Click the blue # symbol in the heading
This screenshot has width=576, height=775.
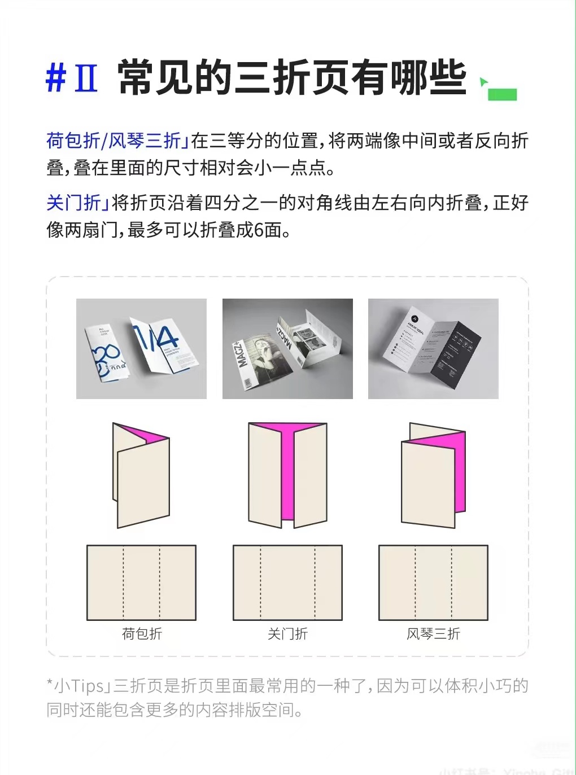(x=56, y=78)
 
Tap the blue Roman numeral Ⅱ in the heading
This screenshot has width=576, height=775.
(x=86, y=78)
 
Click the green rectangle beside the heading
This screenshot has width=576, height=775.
(x=502, y=94)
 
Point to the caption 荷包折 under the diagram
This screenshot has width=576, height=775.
(x=142, y=634)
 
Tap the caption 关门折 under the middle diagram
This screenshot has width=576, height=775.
(x=287, y=634)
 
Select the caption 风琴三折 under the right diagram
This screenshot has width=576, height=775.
(x=433, y=634)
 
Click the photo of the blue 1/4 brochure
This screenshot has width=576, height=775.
(x=141, y=349)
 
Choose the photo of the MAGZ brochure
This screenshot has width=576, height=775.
(x=287, y=349)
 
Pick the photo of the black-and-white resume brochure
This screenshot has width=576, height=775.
(x=433, y=349)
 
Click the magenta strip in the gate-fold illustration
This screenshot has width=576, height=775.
(x=287, y=474)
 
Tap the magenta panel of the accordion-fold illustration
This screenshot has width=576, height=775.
(x=460, y=474)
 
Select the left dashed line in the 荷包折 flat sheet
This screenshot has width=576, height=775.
(x=123, y=583)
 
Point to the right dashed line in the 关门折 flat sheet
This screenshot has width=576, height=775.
(x=315, y=583)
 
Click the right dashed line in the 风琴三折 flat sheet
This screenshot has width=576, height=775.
(x=452, y=583)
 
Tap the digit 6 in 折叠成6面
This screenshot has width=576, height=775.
(x=259, y=230)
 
